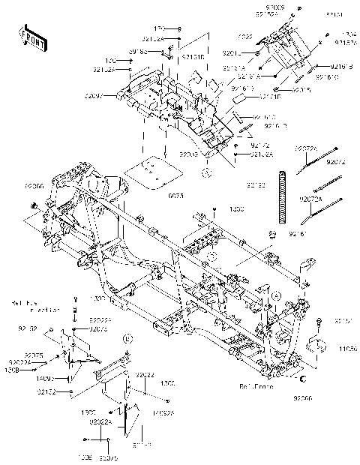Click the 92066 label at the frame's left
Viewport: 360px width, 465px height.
tap(34, 184)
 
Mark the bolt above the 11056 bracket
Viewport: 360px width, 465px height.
tap(320, 323)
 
